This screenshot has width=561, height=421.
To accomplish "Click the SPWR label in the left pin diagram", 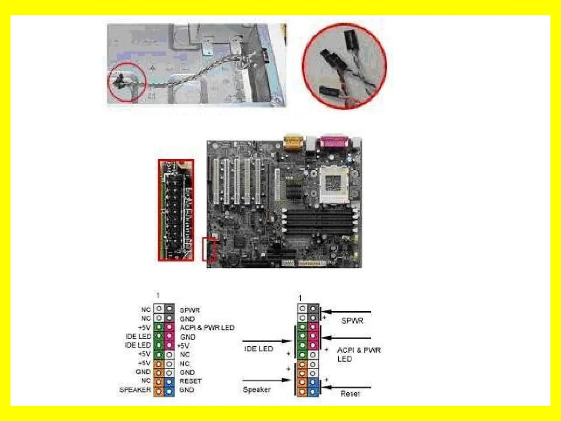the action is click(190, 310).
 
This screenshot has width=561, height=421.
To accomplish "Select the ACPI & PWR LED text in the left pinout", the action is click(207, 328).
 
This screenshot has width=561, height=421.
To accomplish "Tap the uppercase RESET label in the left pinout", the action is click(190, 381).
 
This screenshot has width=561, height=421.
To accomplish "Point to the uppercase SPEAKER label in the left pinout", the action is click(135, 390).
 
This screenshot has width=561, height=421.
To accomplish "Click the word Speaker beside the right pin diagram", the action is click(257, 389).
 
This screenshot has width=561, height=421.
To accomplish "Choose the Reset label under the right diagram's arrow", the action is click(350, 394).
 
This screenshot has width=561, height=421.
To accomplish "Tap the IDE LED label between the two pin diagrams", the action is click(259, 349).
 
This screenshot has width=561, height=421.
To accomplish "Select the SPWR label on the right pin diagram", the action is click(352, 320).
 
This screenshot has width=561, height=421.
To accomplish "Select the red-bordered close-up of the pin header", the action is click(176, 210).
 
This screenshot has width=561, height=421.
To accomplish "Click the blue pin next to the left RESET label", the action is click(169, 382).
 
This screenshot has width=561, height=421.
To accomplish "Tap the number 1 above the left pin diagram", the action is click(158, 295).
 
